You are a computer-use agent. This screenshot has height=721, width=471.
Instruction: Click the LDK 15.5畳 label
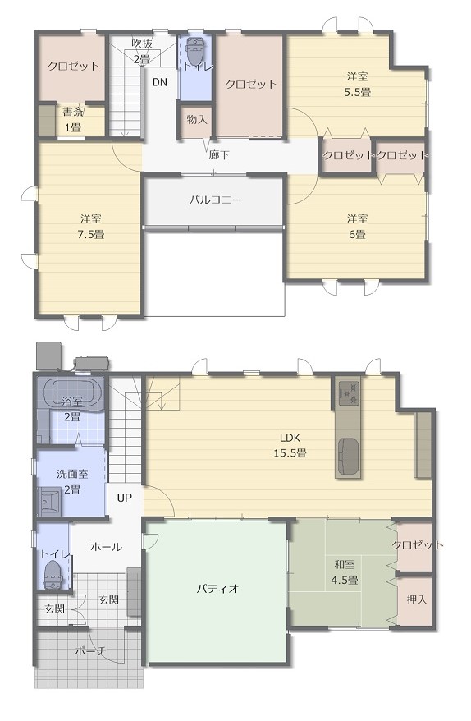pos(290,445)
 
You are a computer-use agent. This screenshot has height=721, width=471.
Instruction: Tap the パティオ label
pos(217,588)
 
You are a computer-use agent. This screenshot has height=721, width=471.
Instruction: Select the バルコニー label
pos(215,200)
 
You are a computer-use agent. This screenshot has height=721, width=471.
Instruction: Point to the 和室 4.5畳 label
pos(345,572)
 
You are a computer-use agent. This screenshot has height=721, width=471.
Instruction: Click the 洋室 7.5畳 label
pos(90,227)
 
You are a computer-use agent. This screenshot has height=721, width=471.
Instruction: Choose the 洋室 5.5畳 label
pos(358,84)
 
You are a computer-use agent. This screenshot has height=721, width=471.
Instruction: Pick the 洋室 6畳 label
pos(357,227)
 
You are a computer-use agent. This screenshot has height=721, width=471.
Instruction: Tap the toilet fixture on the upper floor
pos(194,50)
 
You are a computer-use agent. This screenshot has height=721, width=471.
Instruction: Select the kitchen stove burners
pos(348,394)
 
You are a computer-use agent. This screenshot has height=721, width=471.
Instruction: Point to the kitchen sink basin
pos(348,455)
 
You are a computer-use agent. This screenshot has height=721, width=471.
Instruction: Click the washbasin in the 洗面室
pos(49,501)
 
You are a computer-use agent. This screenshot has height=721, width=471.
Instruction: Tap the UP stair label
pos(124,498)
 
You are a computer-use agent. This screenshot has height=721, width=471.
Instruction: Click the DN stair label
pos(159,82)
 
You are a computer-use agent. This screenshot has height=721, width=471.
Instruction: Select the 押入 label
pos(417,599)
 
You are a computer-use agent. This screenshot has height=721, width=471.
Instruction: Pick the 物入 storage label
pos(197,120)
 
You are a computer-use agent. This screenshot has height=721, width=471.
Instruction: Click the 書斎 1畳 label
pos(72,120)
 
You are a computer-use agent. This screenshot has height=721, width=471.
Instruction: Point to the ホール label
pos(106,547)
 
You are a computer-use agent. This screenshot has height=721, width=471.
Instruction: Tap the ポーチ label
pos(90,651)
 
